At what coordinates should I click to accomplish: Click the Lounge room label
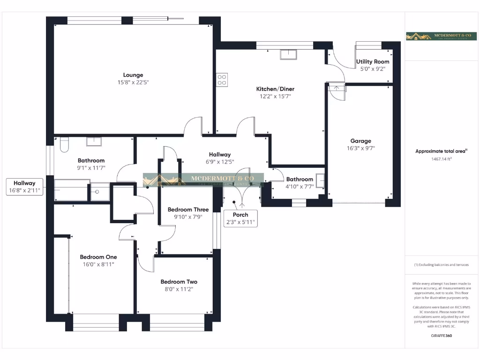pyautogui.click(x=133, y=75)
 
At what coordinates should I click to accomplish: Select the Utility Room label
pyautogui.click(x=373, y=61)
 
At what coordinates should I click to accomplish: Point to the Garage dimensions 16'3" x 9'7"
pyautogui.click(x=360, y=148)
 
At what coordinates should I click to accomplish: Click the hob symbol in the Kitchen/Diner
pyautogui.click(x=222, y=79)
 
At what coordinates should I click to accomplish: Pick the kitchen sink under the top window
pyautogui.click(x=288, y=55)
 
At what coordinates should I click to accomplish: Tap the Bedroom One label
pyautogui.click(x=98, y=257)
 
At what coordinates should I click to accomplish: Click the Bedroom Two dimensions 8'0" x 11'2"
pyautogui.click(x=179, y=289)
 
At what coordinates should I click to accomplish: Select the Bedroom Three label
pyautogui.click(x=185, y=209)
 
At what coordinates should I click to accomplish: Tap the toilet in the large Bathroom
pyautogui.click(x=65, y=144)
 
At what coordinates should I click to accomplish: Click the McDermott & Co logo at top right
pyautogui.click(x=441, y=36)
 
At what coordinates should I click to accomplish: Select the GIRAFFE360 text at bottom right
pyautogui.click(x=441, y=336)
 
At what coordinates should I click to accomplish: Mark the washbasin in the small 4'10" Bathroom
pyautogui.click(x=321, y=180)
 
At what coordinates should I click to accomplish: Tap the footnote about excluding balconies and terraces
pyautogui.click(x=441, y=265)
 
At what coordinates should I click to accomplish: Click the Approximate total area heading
pyautogui.click(x=441, y=151)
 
